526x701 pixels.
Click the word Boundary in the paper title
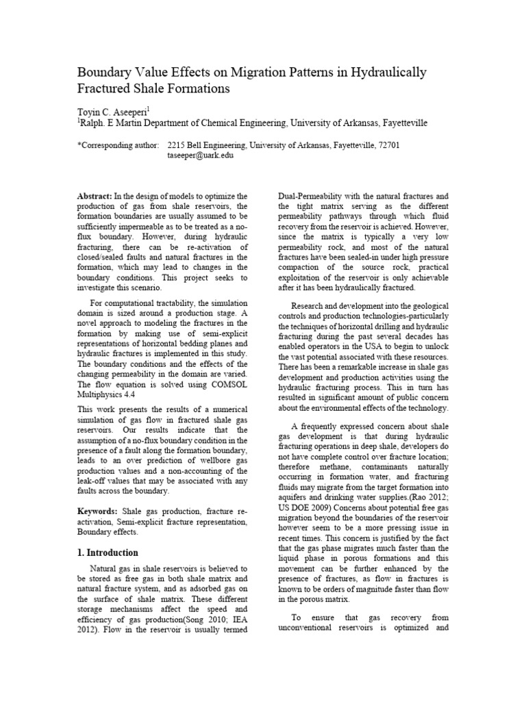click(x=108, y=72)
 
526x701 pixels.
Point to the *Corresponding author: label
click(x=118, y=145)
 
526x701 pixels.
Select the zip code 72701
click(x=386, y=145)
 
